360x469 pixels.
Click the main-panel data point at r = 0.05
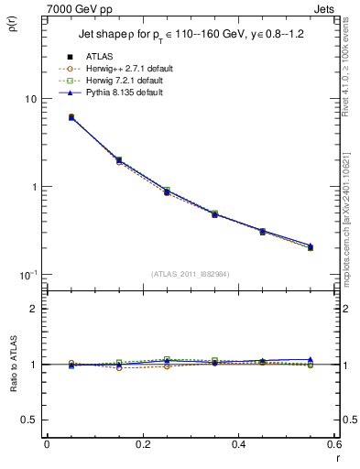click(x=71, y=117)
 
